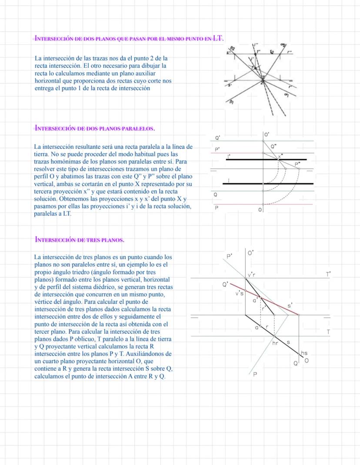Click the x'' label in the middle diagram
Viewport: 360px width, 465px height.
(281, 156)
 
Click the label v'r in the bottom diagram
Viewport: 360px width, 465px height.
(251, 275)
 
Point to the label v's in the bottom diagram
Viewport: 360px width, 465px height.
(239, 293)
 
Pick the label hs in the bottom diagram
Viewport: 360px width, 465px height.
(304, 354)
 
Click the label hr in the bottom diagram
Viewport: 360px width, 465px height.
(275, 343)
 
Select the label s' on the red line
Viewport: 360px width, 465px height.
(290, 306)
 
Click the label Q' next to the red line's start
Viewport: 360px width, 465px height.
(225, 284)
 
